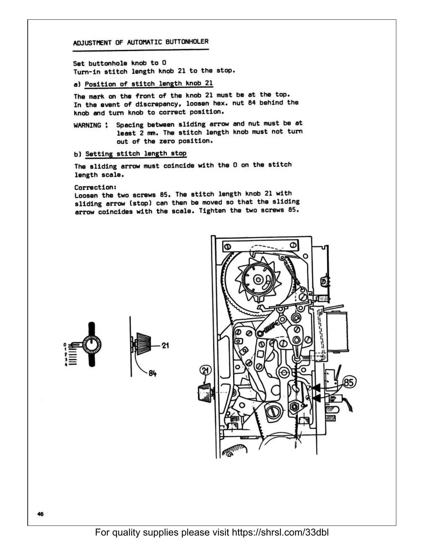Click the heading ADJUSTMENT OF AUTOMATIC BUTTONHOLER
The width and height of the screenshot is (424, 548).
[x=141, y=43]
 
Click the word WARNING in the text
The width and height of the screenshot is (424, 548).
[x=87, y=125]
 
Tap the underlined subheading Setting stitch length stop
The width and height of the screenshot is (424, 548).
[x=135, y=154]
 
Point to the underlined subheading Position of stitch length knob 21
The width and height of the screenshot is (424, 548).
[x=149, y=84]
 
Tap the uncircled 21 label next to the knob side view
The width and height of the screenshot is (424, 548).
[x=165, y=345]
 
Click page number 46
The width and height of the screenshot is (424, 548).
[x=40, y=514]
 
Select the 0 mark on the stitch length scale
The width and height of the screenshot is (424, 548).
[x=65, y=345]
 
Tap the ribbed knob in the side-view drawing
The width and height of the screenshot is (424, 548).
[x=145, y=345]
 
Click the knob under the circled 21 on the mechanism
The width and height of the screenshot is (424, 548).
[x=204, y=392]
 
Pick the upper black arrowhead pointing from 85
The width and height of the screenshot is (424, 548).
[x=316, y=388]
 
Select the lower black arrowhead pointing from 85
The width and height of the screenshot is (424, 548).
[x=316, y=399]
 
